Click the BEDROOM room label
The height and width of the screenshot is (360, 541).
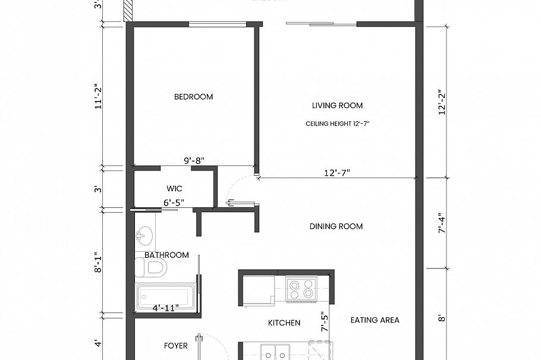tap(193, 97)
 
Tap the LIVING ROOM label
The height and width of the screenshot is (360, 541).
tap(337, 106)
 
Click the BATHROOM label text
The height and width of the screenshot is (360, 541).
tap(166, 255)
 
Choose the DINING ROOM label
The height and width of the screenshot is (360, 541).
tap(336, 226)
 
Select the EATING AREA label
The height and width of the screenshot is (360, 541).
tap(375, 320)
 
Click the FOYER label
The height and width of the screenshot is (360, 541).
tap(175, 345)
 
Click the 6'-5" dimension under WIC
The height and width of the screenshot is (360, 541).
tap(174, 203)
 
